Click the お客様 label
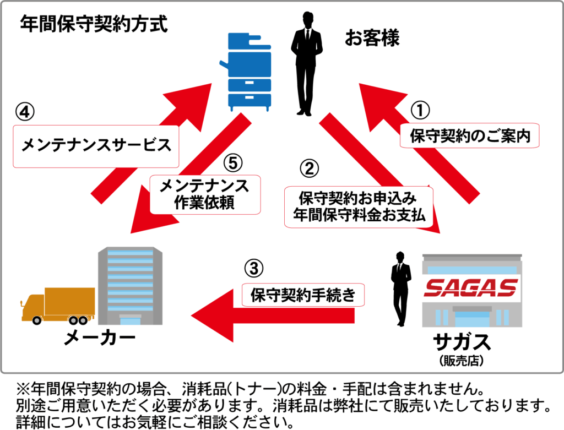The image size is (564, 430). (372, 39)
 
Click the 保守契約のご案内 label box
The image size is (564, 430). (469, 135)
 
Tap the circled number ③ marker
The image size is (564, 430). (254, 269)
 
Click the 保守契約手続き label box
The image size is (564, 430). (303, 295)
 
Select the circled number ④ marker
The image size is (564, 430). (25, 113)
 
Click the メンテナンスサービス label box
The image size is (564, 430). (96, 146)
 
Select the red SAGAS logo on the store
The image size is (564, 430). (472, 287)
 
